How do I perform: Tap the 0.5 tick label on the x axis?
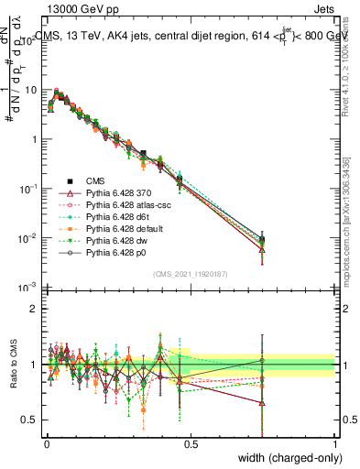click(191, 443)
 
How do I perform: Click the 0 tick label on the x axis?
click(47, 443)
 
